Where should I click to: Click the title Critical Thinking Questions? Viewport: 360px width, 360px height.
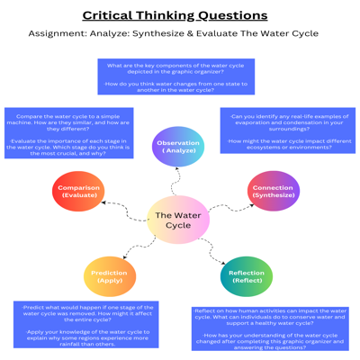click(x=175, y=15)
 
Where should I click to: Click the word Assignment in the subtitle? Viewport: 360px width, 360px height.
click(x=55, y=34)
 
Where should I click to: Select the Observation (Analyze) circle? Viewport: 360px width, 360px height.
click(x=178, y=147)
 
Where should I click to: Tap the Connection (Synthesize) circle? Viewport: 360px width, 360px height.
click(x=273, y=191)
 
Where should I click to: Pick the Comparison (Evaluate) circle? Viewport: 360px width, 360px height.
click(x=78, y=191)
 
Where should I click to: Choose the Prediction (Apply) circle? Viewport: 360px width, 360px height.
click(x=110, y=276)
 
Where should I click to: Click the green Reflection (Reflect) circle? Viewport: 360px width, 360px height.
click(x=246, y=276)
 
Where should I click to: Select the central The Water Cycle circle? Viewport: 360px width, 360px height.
click(x=178, y=220)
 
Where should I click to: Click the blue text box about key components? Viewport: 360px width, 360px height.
click(x=175, y=76)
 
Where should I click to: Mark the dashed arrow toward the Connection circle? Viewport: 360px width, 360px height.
click(x=230, y=207)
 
